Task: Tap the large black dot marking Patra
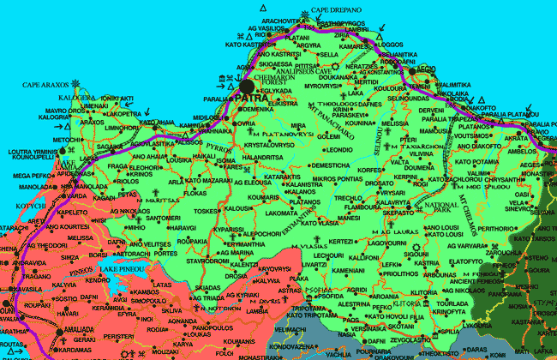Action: [x=248, y=86]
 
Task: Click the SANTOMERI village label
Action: [x=163, y=219]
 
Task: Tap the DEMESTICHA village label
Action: [x=330, y=165]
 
